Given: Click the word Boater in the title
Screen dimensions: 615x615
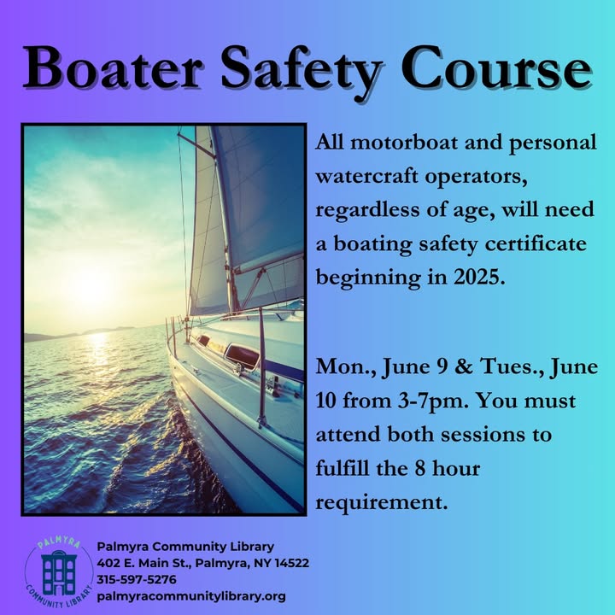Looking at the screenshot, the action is [113, 67].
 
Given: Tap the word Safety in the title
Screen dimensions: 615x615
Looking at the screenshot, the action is [302, 72].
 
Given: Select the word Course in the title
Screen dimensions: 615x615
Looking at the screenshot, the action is [496, 67].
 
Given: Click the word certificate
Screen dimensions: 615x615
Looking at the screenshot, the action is [536, 243].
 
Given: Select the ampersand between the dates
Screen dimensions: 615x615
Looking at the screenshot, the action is [464, 366].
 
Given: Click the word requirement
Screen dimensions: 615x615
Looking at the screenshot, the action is [382, 501].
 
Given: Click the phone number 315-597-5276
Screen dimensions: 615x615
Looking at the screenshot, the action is [137, 579].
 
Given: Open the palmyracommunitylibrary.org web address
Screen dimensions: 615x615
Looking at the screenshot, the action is [191, 596].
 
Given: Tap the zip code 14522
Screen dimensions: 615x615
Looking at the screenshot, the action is [291, 563].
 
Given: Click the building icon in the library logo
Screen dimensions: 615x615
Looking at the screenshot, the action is [59, 572].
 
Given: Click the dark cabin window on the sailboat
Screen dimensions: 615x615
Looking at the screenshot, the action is [242, 355].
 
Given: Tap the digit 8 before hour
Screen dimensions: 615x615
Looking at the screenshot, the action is [420, 468].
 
